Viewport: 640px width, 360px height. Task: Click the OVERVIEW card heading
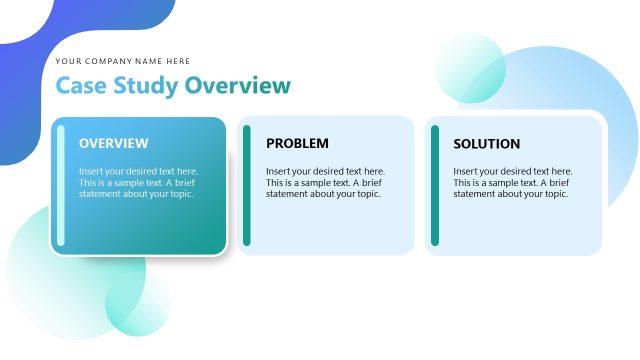pos(113,144)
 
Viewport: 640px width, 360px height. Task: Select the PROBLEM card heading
pos(297,144)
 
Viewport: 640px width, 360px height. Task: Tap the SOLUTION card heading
pos(486,144)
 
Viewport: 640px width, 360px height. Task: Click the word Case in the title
pos(81,86)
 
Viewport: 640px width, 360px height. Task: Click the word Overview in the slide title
pos(237,86)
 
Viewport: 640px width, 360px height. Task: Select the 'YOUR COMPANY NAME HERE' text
pos(123,61)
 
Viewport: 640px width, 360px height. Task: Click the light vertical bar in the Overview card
pos(61,186)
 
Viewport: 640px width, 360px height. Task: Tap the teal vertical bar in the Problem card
pos(247,186)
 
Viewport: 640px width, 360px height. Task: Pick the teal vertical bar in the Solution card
pos(435,186)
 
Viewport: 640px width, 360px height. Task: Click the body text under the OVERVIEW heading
pos(138,183)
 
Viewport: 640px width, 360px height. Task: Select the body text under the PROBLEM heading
pos(325,183)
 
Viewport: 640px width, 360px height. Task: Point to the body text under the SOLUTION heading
pos(512,183)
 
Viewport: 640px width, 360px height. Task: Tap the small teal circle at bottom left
pos(138,304)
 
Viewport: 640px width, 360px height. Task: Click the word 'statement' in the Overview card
pos(100,194)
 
